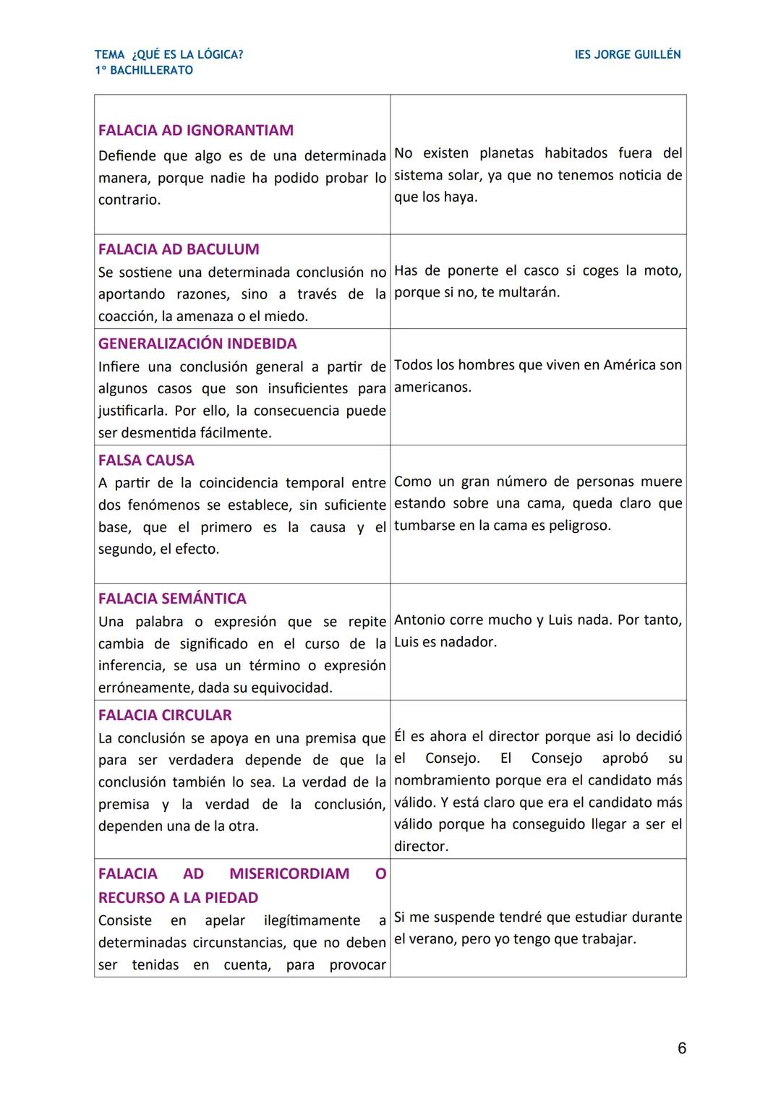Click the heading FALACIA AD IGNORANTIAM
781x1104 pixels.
[x=195, y=131]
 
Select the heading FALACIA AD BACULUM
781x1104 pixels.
[x=178, y=249]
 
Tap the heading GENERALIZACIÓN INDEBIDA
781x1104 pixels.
[x=197, y=344]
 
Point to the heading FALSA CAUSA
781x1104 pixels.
[x=146, y=461]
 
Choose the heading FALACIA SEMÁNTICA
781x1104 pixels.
[x=172, y=599]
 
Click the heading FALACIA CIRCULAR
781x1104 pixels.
[x=165, y=715]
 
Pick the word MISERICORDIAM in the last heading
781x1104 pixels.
[x=289, y=873]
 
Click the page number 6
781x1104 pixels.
[x=681, y=1048]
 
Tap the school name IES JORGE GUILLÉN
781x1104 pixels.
[x=627, y=55]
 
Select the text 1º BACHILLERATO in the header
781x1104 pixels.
[x=144, y=71]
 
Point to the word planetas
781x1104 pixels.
[x=507, y=153]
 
